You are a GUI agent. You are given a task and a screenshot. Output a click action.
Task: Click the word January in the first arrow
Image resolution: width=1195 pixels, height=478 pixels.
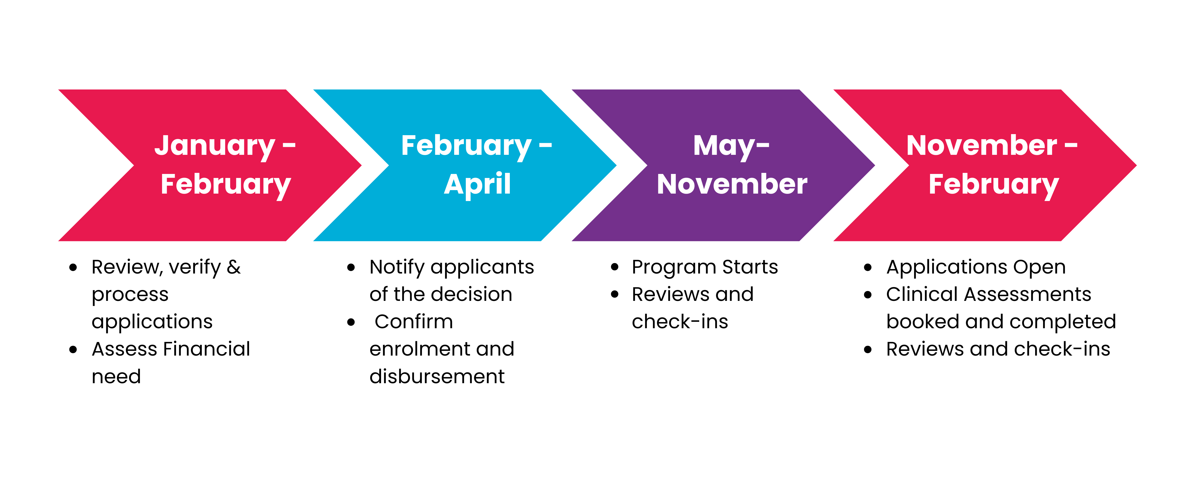click(x=215, y=146)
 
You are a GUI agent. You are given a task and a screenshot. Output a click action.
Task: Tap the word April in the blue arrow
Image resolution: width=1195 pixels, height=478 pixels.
click(x=477, y=184)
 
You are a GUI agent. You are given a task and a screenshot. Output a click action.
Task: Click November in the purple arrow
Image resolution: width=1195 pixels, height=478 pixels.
click(x=732, y=184)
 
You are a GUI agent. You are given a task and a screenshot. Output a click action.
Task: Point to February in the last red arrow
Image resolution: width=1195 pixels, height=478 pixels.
click(x=994, y=184)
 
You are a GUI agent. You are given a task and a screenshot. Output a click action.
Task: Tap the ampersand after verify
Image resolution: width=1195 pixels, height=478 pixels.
click(x=234, y=267)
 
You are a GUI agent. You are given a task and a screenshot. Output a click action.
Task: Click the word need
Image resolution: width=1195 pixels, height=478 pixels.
click(x=116, y=376)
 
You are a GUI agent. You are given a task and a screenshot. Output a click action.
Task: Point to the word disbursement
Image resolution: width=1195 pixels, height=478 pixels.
click(x=437, y=376)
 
